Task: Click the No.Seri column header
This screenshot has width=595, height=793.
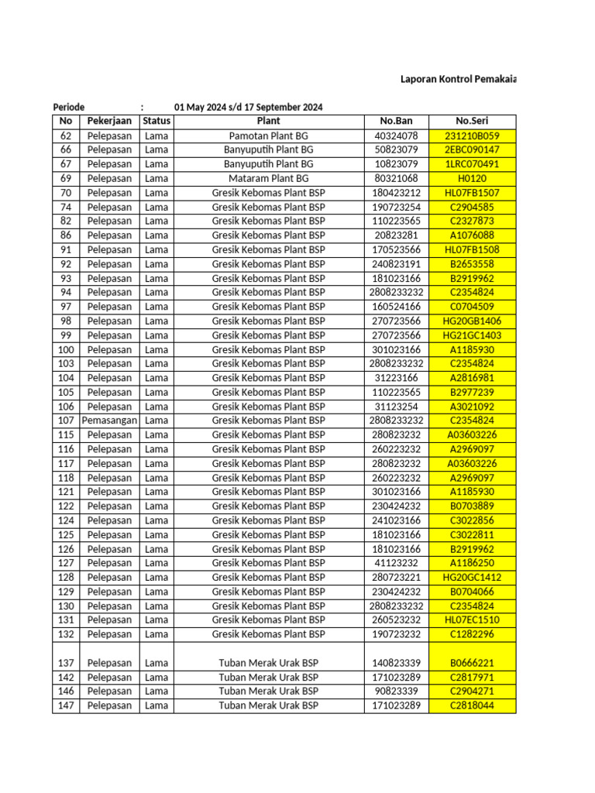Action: pyautogui.click(x=471, y=121)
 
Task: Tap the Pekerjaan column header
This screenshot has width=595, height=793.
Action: pyautogui.click(x=108, y=121)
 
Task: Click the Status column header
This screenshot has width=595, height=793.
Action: pyautogui.click(x=156, y=121)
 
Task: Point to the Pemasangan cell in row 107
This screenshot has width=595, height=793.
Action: pyautogui.click(x=108, y=421)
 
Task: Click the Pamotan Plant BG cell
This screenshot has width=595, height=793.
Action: pyautogui.click(x=268, y=136)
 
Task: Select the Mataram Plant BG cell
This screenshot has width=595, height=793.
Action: pyautogui.click(x=268, y=178)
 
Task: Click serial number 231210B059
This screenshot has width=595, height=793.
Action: pyautogui.click(x=471, y=136)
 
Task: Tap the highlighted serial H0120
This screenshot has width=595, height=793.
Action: pyautogui.click(x=471, y=178)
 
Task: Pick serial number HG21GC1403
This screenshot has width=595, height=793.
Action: pyautogui.click(x=471, y=335)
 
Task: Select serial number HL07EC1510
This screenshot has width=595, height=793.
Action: pyautogui.click(x=471, y=620)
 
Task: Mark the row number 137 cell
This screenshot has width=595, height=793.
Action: pyautogui.click(x=65, y=663)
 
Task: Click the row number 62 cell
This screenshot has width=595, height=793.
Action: pyautogui.click(x=65, y=136)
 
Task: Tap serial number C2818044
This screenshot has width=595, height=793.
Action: pyautogui.click(x=471, y=705)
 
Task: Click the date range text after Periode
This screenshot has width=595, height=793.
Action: pyautogui.click(x=248, y=107)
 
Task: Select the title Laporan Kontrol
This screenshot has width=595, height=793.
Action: pyautogui.click(x=457, y=79)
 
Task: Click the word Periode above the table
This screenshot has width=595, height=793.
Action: pyautogui.click(x=69, y=107)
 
